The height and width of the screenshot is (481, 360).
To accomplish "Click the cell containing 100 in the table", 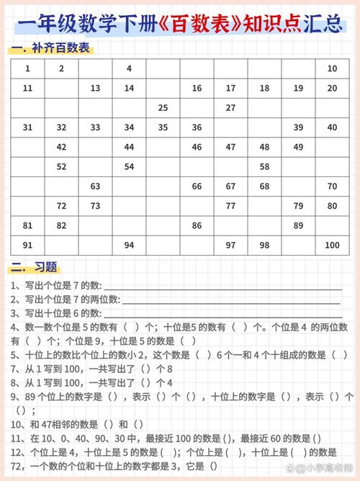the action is tap(332, 245).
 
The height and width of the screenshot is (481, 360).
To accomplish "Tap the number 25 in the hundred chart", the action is tap(163, 108).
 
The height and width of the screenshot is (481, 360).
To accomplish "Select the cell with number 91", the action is tap(27, 245).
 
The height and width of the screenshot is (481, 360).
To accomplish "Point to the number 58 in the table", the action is tap(264, 166).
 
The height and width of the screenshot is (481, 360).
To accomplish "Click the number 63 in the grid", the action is tap(95, 186).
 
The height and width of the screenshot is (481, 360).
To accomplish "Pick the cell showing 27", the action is tap(230, 108).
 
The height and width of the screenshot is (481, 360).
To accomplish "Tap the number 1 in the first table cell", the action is tap(27, 69).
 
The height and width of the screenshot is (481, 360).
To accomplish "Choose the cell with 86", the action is tap(197, 225).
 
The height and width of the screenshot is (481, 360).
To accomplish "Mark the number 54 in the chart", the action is tap(129, 166).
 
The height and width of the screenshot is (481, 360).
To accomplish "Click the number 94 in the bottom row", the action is tap(129, 245).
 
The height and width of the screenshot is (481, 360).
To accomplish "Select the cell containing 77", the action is tap(230, 206).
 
